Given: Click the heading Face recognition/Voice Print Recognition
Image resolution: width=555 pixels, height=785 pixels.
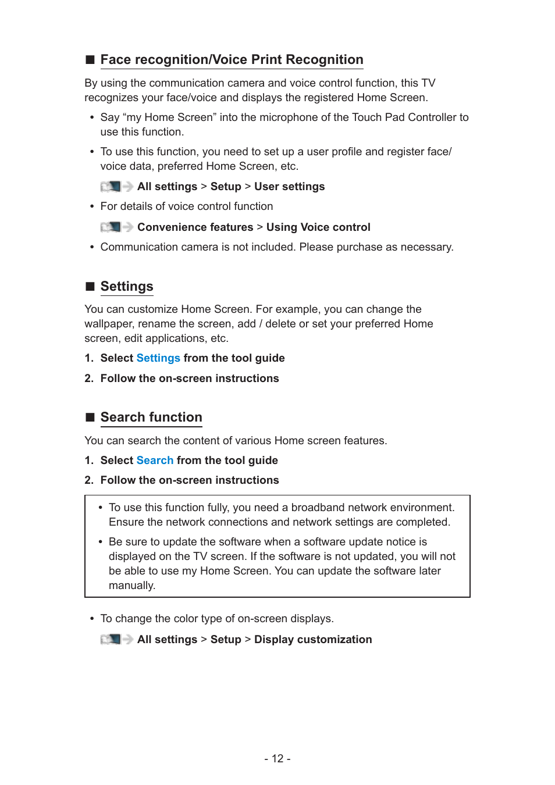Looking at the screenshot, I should [232, 60].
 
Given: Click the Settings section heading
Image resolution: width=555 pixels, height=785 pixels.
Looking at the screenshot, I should [127, 287].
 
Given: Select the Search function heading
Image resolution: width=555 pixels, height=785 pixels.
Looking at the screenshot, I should [151, 418].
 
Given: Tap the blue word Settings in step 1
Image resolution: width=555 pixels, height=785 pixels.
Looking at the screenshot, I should [158, 358].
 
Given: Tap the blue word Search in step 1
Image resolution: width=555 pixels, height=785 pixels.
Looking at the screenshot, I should [155, 461].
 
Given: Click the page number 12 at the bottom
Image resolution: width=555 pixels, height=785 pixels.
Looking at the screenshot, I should [277, 759].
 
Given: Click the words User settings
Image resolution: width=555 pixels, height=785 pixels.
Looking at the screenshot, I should [289, 187].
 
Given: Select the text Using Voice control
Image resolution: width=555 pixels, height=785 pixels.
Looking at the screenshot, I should [318, 227].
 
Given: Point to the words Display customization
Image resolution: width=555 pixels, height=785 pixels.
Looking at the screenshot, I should [313, 640].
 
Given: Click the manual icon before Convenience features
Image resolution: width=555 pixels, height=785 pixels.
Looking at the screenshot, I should [111, 227].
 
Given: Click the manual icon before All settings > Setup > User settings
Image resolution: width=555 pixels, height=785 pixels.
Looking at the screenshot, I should [111, 187].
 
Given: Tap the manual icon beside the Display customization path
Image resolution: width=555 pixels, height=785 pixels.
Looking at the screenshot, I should [111, 640].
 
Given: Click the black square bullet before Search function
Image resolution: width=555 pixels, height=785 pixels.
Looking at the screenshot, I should [90, 418].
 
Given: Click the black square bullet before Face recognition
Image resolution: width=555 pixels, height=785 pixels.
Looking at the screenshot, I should [90, 60].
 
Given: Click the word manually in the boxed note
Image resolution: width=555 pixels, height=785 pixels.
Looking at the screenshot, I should [131, 586].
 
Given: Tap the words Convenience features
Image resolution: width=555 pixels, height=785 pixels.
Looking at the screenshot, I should [195, 227].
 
